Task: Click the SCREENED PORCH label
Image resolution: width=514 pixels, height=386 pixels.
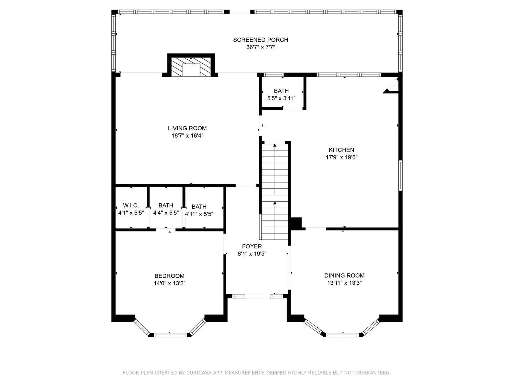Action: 261,40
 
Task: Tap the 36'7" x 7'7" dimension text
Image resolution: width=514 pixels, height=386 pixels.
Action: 261,47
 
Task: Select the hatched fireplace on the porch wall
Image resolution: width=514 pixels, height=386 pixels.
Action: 191,66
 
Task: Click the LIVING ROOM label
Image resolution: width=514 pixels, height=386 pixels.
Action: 187,128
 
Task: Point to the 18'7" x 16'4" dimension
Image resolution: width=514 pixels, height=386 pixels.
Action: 187,135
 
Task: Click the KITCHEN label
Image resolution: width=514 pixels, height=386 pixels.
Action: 341,150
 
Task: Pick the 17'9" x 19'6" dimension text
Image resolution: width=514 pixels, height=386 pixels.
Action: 341,157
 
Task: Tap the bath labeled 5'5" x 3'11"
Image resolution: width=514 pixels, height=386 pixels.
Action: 281,94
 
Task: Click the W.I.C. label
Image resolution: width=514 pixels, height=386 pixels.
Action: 131,205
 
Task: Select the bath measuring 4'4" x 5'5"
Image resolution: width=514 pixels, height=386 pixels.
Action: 166,209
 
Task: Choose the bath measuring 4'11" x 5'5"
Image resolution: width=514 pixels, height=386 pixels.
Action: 199,210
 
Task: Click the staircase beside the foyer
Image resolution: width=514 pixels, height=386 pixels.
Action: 275,191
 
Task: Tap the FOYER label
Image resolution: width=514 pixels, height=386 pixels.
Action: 252,246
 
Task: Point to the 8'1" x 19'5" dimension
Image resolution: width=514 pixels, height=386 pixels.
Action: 252,254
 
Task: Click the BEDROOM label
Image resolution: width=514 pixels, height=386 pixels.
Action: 169,276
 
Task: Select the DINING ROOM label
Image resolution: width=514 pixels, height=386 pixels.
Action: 344,275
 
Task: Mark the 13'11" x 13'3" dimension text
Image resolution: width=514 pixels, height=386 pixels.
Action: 344,283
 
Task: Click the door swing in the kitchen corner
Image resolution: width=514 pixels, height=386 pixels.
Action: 391,87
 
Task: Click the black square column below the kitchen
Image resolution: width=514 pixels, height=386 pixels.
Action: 296,223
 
